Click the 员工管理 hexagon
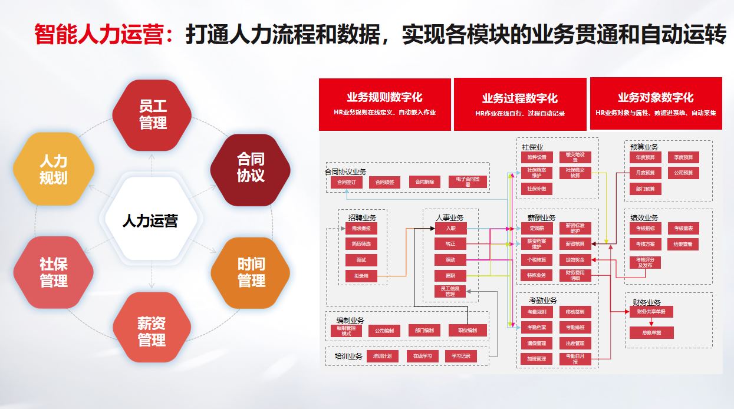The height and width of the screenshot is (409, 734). [x=152, y=115]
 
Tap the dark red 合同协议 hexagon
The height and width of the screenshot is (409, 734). [x=251, y=168]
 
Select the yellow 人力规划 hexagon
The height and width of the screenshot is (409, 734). [x=54, y=170]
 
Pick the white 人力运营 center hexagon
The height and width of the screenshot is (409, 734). [x=150, y=221]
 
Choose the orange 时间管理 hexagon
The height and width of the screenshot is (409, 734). [x=251, y=272]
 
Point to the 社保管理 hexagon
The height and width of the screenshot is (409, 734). [x=54, y=272]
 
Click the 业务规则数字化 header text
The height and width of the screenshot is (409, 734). [x=384, y=98]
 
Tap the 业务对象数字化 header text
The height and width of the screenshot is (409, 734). [x=656, y=98]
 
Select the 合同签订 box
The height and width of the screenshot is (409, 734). [x=346, y=183]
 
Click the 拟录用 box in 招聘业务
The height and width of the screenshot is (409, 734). [x=361, y=276]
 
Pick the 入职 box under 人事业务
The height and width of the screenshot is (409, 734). [x=451, y=228]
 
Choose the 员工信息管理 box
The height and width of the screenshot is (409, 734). [x=451, y=291]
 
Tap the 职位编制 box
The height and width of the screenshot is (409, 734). [x=468, y=331]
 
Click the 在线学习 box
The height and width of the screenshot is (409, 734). [x=422, y=356]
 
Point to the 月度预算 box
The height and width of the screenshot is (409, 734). [x=645, y=173]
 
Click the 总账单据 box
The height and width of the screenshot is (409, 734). [x=651, y=333]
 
